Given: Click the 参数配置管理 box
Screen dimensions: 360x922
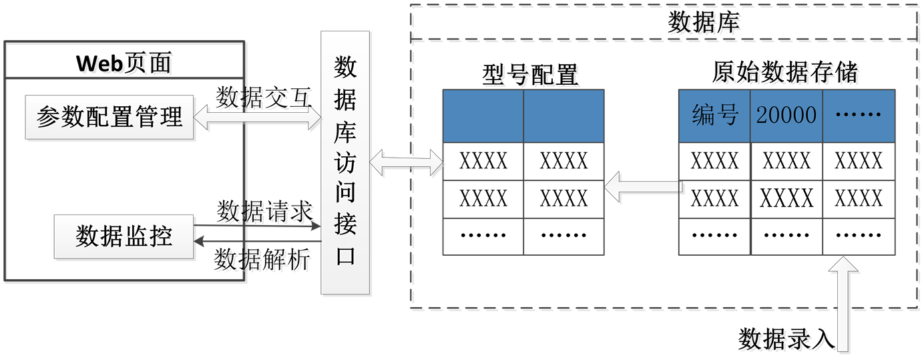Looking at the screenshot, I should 109,118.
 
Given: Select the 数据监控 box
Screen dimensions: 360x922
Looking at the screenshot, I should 124,236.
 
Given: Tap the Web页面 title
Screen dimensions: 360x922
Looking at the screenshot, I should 126,65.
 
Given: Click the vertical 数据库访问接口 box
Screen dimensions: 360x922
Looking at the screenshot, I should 346,163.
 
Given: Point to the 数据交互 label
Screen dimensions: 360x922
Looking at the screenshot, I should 265,100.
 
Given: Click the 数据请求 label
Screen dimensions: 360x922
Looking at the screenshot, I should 266,214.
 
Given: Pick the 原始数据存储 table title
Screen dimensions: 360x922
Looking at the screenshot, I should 786,75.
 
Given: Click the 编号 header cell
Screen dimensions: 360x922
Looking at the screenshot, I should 714,116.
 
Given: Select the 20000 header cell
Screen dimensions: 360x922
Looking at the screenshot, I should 786,116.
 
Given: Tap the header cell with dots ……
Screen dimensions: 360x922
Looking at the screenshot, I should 859,116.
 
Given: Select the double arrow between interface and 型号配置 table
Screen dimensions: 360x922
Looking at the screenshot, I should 407,164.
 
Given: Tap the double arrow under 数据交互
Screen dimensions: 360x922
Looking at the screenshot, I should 257,119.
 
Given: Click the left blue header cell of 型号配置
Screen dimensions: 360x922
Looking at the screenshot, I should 483,116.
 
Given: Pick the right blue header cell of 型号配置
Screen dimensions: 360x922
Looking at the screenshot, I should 563,116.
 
